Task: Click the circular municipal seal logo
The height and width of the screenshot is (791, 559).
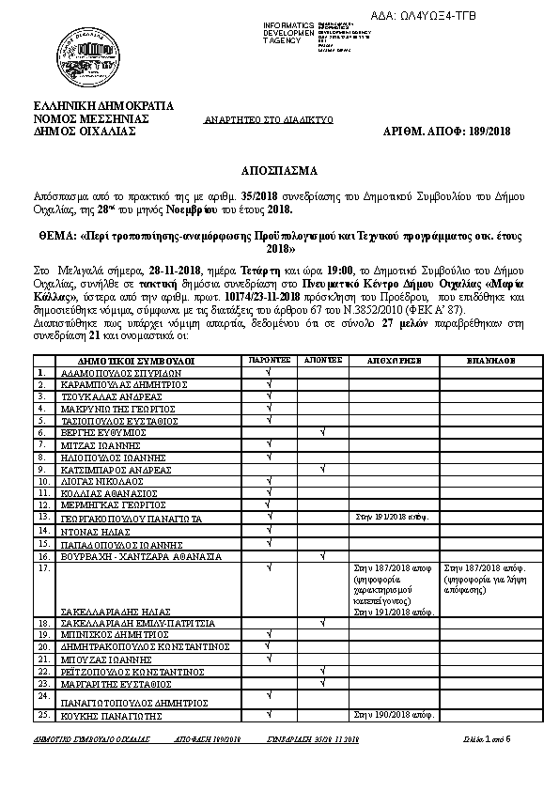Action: pos(82,52)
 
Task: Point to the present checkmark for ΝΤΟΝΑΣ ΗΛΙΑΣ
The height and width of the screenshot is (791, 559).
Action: pos(270,530)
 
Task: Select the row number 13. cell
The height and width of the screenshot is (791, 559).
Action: pos(44,517)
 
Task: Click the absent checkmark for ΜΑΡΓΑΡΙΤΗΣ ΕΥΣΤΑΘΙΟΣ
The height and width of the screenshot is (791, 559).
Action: pos(322,684)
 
